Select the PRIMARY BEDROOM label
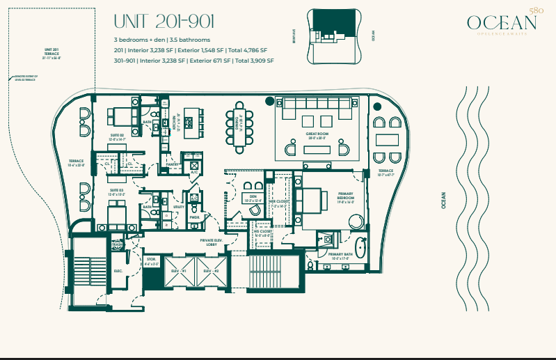pos(346,198)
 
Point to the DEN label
pos(254,196)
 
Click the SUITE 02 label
pos(116,136)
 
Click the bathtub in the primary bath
pos(360,247)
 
